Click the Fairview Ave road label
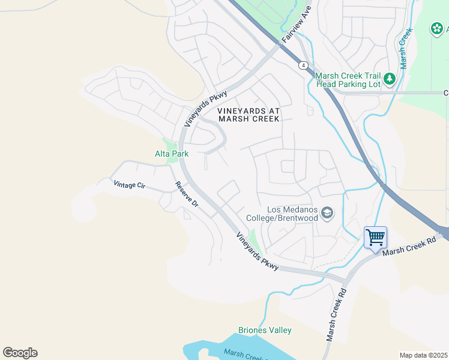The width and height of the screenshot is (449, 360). click(297, 24)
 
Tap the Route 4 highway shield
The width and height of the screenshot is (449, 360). click(304, 65)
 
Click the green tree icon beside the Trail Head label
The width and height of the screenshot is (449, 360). click(390, 79)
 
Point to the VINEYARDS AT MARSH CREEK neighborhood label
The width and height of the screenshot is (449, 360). click(249, 115)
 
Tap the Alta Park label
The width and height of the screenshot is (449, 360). click(172, 154)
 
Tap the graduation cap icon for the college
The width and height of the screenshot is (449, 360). click(327, 213)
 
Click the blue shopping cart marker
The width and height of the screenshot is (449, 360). click(375, 238)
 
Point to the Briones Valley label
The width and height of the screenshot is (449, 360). click(265, 330)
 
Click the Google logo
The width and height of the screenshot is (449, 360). click(20, 353)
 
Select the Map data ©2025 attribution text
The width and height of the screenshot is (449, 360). click(423, 355)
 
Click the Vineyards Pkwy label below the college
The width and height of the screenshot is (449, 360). click(257, 251)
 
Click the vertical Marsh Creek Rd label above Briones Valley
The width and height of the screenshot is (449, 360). click(337, 316)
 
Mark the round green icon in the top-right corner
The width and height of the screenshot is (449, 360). click(436, 29)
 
